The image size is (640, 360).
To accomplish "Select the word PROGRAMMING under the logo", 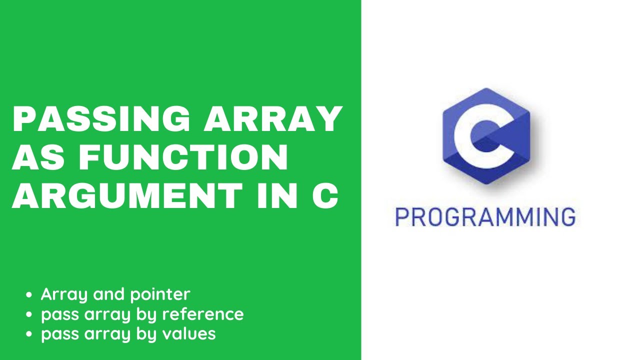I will coord(485,217).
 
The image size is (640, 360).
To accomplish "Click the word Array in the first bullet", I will coord(64,294).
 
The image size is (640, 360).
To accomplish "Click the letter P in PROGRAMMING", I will coord(401,217).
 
